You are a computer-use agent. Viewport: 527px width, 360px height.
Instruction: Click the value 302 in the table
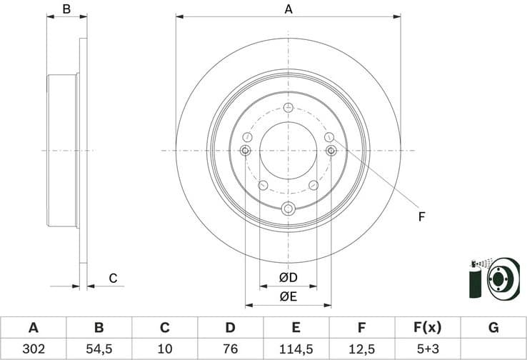(33, 349)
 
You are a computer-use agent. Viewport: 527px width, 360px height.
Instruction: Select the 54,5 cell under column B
(99, 349)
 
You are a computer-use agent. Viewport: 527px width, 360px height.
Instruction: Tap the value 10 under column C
(164, 349)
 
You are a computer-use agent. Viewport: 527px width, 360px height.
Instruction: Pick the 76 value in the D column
(230, 349)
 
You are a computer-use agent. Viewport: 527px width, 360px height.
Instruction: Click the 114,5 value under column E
(296, 349)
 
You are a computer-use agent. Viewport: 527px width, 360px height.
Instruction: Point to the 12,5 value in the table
(361, 349)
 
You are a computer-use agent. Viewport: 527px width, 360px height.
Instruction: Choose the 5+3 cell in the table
(427, 349)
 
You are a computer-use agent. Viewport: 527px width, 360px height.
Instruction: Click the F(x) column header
(427, 328)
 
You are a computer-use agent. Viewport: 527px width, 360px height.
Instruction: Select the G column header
(493, 328)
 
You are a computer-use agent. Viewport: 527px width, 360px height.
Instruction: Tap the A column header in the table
(33, 328)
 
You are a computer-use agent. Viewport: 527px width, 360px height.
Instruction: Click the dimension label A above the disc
(288, 9)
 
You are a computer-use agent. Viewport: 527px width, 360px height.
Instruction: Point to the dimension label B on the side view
(66, 9)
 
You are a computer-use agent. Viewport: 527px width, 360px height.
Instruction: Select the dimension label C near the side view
(112, 279)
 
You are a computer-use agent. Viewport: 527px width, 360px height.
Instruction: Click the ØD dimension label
(288, 277)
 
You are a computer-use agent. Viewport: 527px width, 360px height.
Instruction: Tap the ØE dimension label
(288, 296)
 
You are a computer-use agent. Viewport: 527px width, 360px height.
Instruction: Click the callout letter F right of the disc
(421, 216)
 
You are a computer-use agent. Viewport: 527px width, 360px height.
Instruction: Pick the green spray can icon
(473, 280)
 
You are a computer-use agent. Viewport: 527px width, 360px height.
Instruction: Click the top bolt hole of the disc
(288, 108)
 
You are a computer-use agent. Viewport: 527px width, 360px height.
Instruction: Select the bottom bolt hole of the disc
(288, 209)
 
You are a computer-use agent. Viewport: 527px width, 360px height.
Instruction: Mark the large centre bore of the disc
(288, 151)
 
